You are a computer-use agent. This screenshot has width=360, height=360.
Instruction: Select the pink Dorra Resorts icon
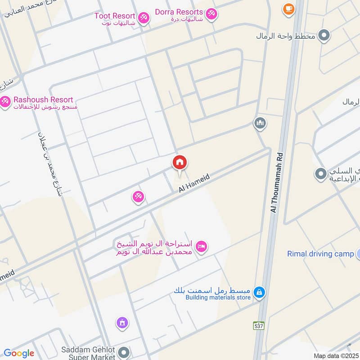(x=211, y=14)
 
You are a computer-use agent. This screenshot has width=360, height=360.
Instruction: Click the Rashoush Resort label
(x=43, y=99)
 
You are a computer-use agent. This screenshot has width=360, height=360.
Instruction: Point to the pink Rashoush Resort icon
(x=5, y=102)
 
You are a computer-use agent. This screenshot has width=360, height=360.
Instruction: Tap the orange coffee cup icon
(x=288, y=8)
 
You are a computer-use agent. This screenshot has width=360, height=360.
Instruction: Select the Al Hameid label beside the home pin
(x=194, y=184)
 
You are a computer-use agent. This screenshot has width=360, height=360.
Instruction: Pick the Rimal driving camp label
(x=320, y=254)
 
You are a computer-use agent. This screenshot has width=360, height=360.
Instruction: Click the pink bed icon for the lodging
(x=201, y=246)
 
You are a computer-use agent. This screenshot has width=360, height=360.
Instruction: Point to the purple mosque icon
(x=122, y=322)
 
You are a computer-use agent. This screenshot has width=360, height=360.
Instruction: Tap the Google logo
(x=19, y=353)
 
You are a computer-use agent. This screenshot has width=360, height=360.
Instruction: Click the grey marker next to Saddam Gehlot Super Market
(x=124, y=352)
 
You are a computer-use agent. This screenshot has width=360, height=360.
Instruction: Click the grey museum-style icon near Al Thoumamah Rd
(x=260, y=123)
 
